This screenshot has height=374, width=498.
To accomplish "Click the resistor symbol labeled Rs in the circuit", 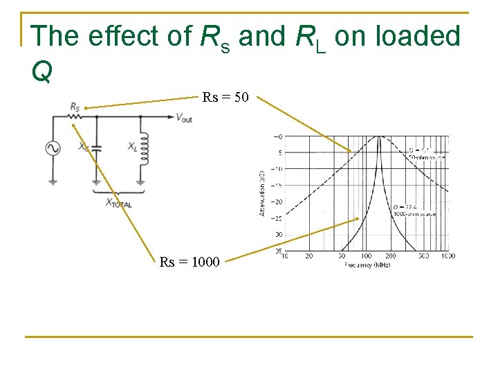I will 74,116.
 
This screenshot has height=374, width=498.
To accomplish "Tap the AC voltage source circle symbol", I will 53,148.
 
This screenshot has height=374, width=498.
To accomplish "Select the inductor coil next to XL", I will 144,150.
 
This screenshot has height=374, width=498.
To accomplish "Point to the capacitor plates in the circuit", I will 97,148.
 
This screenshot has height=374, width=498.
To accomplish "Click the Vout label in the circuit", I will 184,118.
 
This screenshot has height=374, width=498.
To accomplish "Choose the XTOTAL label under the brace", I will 118,203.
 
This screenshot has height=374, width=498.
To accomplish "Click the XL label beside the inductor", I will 131,146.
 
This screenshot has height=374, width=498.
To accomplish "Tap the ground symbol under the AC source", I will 53,182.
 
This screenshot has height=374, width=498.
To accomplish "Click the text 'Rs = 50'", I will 225,98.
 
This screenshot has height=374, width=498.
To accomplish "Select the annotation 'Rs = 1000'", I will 190,262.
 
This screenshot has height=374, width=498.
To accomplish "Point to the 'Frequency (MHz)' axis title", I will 367,265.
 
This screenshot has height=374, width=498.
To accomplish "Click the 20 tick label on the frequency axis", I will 308,256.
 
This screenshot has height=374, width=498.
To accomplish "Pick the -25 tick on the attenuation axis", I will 277,219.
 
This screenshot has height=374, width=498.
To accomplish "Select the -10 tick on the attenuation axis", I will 277,169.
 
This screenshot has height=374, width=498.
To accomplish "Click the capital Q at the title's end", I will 41,71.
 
